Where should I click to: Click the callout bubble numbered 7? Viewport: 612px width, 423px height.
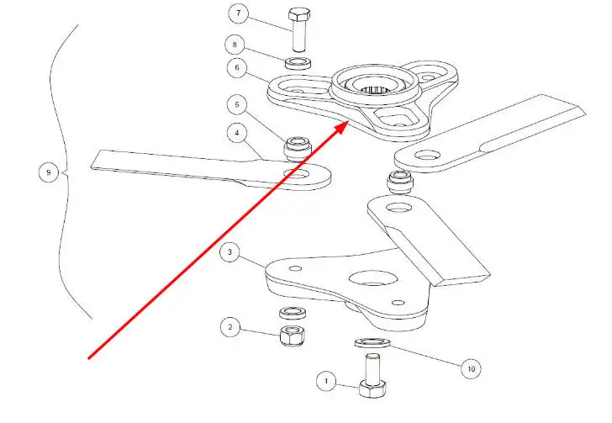pyautogui.click(x=238, y=14)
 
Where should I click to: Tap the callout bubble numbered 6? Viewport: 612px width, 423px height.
pyautogui.click(x=238, y=68)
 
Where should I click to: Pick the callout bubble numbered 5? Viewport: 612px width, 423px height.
pyautogui.click(x=238, y=106)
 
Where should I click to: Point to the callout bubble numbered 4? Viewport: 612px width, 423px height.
pyautogui.click(x=238, y=132)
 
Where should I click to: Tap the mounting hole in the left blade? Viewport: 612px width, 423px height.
pyautogui.click(x=296, y=174)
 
